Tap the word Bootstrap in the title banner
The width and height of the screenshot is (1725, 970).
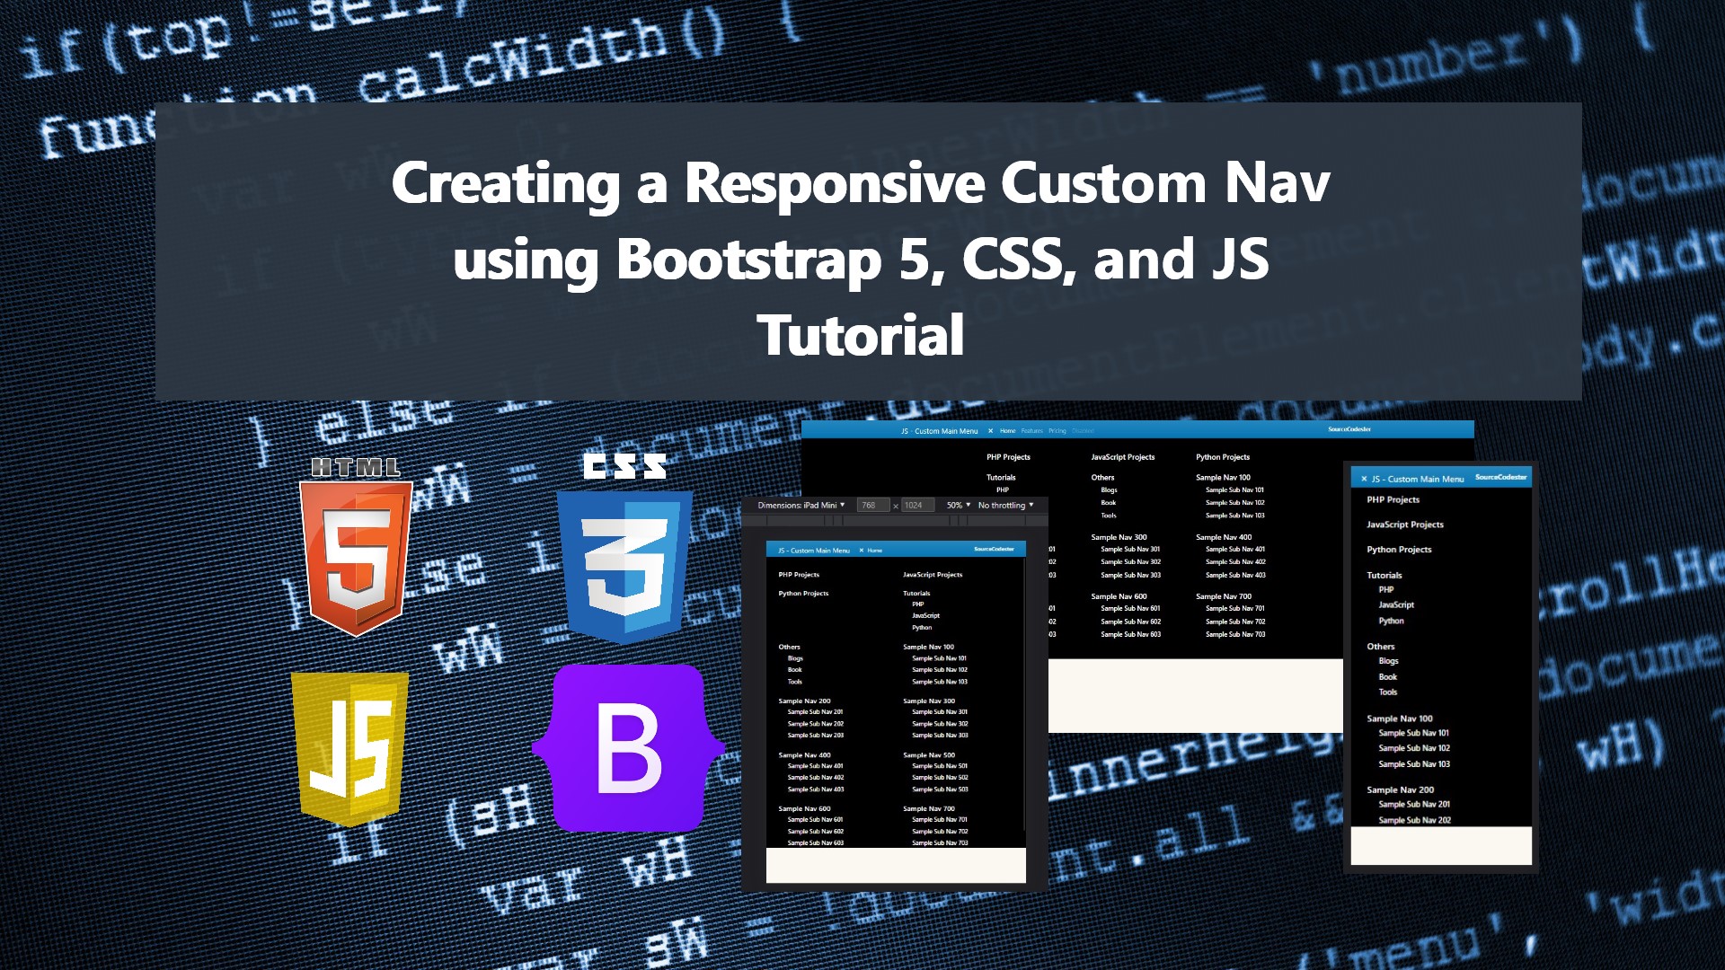click(x=748, y=260)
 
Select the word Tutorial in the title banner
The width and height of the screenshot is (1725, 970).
click(x=861, y=336)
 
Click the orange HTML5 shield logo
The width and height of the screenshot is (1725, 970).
click(x=357, y=557)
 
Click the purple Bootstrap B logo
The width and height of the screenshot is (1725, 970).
click(x=629, y=747)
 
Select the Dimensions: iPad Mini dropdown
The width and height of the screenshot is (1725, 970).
click(x=801, y=506)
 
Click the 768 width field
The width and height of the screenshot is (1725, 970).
click(x=871, y=506)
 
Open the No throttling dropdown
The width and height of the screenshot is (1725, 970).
click(x=1004, y=506)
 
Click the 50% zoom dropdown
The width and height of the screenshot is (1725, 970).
click(x=958, y=506)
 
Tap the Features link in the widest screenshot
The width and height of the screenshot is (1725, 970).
click(x=1031, y=431)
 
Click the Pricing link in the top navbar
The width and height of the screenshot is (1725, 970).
click(x=1057, y=431)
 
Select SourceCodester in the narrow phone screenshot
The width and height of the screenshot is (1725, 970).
click(x=1500, y=478)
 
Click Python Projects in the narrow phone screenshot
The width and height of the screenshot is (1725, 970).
click(x=1399, y=550)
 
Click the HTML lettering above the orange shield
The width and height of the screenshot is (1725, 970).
click(x=356, y=467)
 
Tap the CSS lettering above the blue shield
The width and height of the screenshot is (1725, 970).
click(x=624, y=465)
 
